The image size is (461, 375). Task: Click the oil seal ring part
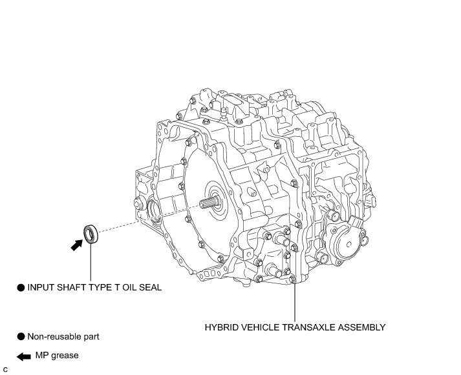click(91, 234)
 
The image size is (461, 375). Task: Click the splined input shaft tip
click(209, 206)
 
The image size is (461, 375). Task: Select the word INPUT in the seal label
click(41, 288)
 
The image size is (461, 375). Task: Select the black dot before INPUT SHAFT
click(21, 288)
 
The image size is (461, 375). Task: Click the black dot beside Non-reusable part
click(21, 336)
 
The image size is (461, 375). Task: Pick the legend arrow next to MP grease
click(23, 356)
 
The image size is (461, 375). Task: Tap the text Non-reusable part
click(63, 336)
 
